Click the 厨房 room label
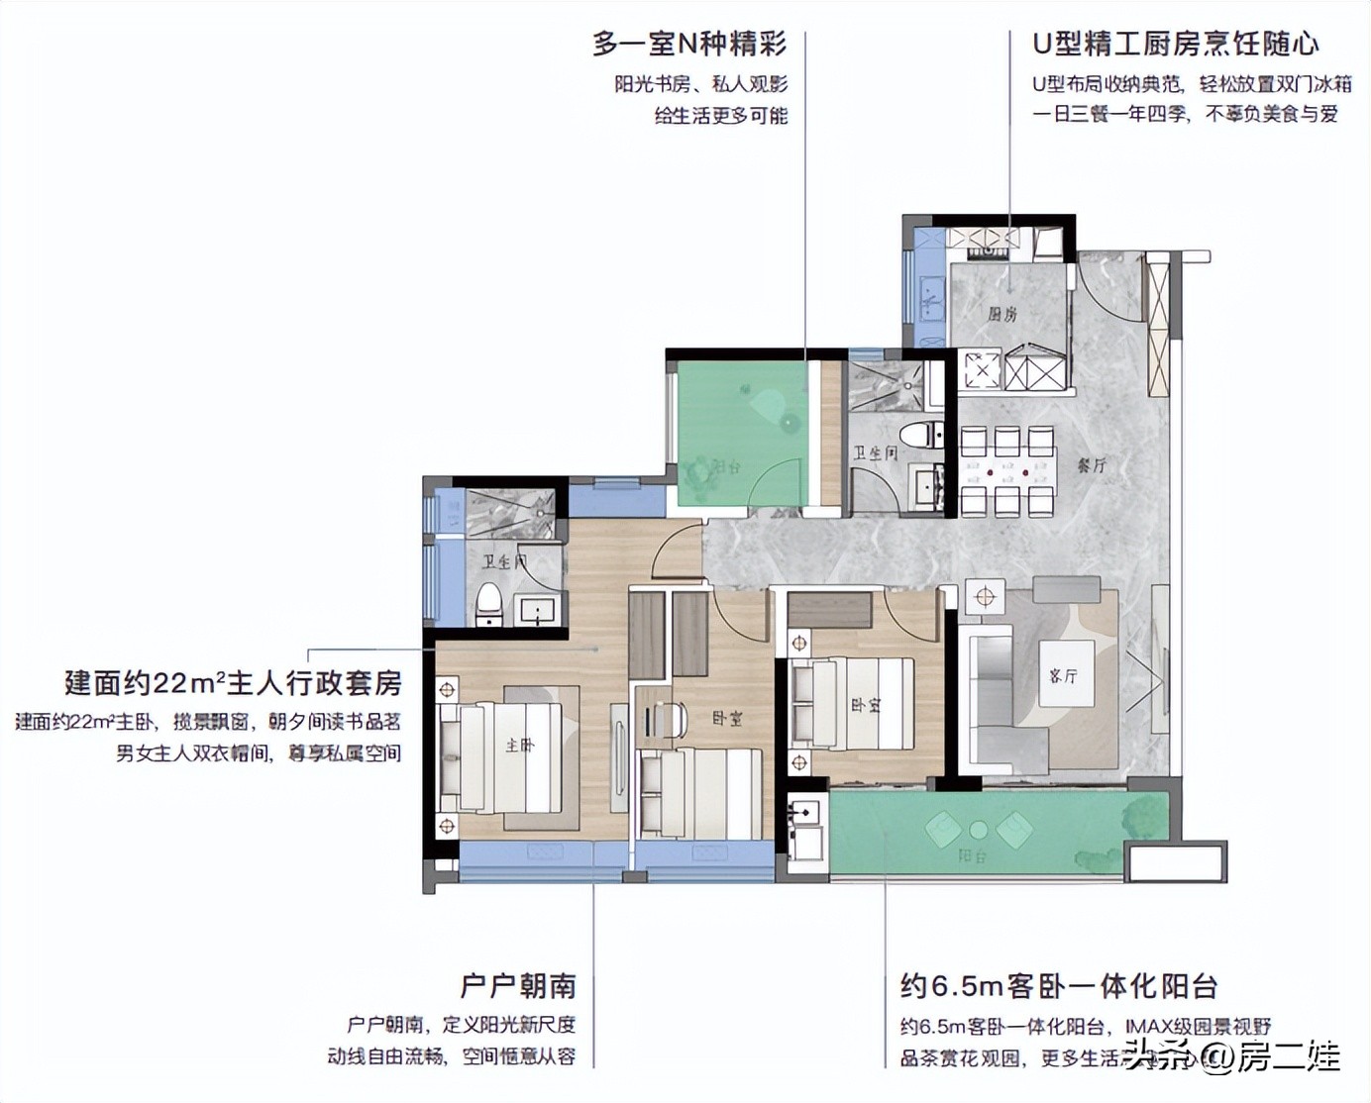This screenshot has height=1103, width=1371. pos(1002,315)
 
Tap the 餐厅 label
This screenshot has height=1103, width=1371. pos(1091,464)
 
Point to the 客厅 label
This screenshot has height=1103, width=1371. pos(1063,675)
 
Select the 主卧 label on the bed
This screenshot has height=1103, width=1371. pos(519,745)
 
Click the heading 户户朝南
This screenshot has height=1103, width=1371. pos(518,986)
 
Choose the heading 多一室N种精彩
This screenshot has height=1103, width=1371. pos(689,44)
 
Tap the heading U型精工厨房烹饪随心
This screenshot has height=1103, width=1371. pos(1176,44)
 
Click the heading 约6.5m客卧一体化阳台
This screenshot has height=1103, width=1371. pos(1059,986)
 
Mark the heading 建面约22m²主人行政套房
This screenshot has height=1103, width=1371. pos(234,682)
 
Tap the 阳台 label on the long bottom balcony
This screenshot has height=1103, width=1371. pos(971,855)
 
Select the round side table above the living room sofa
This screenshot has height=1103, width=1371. pos(984,596)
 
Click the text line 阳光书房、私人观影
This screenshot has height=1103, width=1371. pos(701,84)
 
